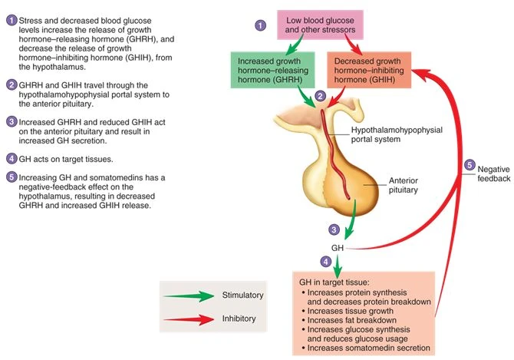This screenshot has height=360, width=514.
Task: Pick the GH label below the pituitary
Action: click(338, 248)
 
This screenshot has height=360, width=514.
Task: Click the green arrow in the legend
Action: click(191, 295)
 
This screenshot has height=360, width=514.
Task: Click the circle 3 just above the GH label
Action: click(334, 229)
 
